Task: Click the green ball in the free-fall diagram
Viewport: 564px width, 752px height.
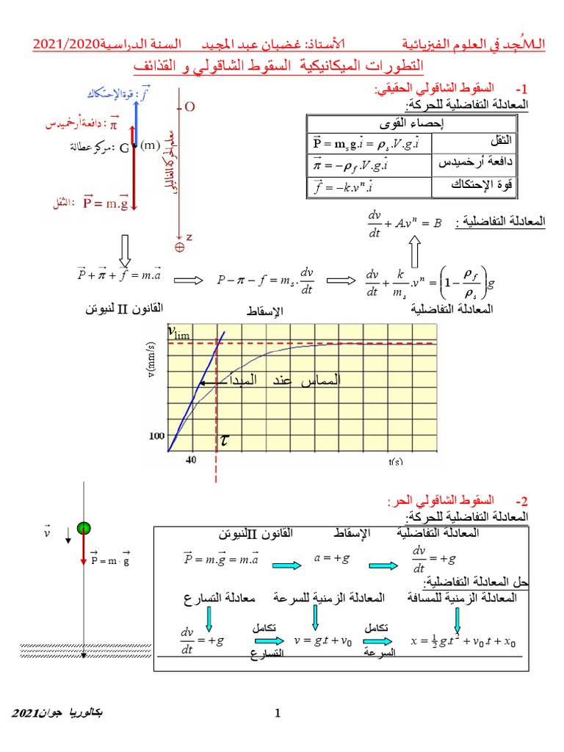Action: tap(84, 529)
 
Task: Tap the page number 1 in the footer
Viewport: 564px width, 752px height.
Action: tap(278, 713)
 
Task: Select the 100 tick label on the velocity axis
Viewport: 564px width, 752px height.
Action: tap(157, 435)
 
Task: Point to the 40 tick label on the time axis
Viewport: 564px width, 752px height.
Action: tap(191, 460)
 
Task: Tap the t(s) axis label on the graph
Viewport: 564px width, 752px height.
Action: tap(396, 461)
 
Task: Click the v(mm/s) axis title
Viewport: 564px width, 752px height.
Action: tap(151, 361)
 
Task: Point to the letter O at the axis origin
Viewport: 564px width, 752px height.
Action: tap(189, 107)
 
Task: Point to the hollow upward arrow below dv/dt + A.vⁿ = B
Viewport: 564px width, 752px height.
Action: tap(413, 254)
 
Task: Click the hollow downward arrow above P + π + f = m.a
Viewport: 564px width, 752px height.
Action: tap(124, 250)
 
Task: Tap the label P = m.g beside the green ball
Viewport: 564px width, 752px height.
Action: tap(110, 560)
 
